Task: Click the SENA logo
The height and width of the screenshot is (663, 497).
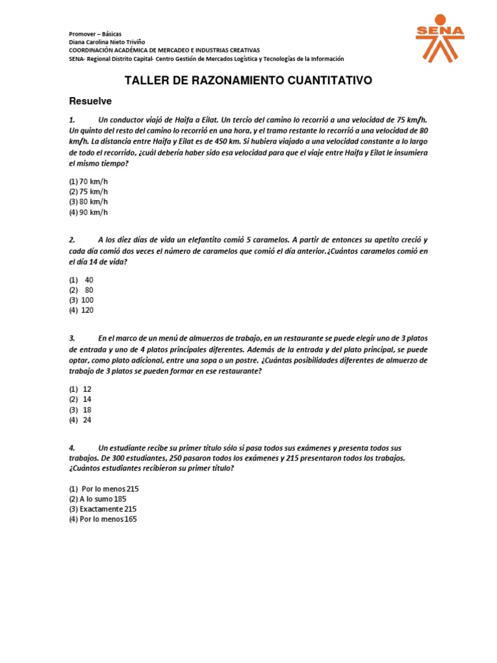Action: (x=439, y=38)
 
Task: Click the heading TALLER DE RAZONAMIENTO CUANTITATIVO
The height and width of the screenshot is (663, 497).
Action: (x=248, y=80)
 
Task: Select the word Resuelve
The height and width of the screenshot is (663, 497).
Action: (x=91, y=101)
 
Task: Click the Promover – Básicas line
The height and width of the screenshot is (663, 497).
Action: (x=94, y=34)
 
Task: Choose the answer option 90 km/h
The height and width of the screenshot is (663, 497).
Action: (x=89, y=212)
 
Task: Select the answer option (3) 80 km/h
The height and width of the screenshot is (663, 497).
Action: (x=89, y=201)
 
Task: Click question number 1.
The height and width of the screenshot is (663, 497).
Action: (x=72, y=120)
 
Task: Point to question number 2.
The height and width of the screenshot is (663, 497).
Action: (x=72, y=239)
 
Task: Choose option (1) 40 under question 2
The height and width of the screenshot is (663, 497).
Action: (x=82, y=280)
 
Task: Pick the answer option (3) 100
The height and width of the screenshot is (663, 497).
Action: (x=82, y=300)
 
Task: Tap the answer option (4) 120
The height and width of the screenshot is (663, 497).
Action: (x=82, y=310)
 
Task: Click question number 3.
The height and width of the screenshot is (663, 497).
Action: (x=72, y=338)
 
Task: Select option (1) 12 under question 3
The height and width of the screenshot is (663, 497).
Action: (x=80, y=388)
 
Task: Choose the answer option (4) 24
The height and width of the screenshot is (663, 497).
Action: (x=80, y=420)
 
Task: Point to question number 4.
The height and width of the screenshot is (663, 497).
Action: (x=72, y=447)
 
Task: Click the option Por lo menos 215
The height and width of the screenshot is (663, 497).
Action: (x=104, y=488)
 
